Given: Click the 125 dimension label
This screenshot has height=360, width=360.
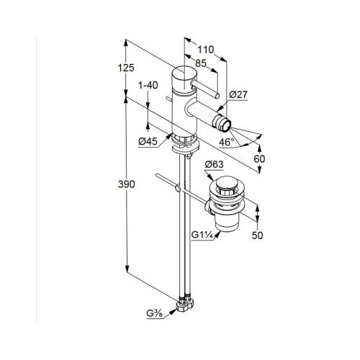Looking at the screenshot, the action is (126, 68).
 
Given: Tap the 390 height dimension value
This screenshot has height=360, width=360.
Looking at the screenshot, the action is (126, 184).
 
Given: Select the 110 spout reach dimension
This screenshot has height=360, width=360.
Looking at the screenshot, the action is (205, 50).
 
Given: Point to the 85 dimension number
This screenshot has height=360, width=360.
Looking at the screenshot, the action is (201, 63).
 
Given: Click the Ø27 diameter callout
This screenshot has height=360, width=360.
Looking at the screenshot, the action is (238, 94).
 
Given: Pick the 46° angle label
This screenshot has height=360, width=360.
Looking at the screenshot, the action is (226, 142).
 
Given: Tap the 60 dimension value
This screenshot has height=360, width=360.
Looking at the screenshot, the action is (259, 158).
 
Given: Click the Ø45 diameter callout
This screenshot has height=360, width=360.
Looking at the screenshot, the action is (148, 142).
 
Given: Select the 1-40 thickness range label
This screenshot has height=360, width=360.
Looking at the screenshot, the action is (148, 85).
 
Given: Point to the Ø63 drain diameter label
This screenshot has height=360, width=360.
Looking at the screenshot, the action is (214, 165).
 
